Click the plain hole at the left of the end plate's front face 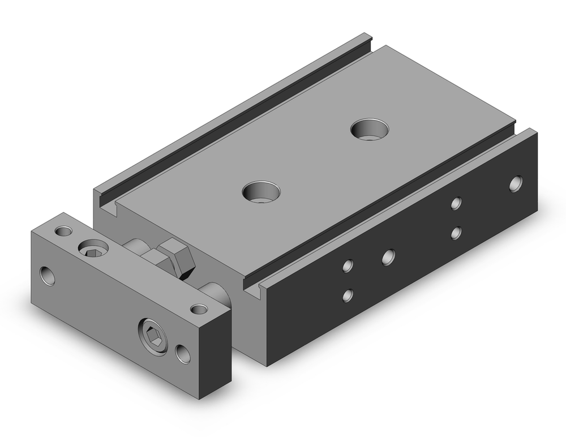tap(48, 275)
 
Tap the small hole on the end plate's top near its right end tap(198, 309)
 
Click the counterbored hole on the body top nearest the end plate tap(261, 192)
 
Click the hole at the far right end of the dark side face tap(516, 184)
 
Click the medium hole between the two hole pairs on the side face tap(388, 256)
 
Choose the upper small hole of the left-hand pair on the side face tap(349, 265)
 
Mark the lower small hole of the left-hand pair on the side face tap(349, 295)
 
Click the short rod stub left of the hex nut tap(135, 246)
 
